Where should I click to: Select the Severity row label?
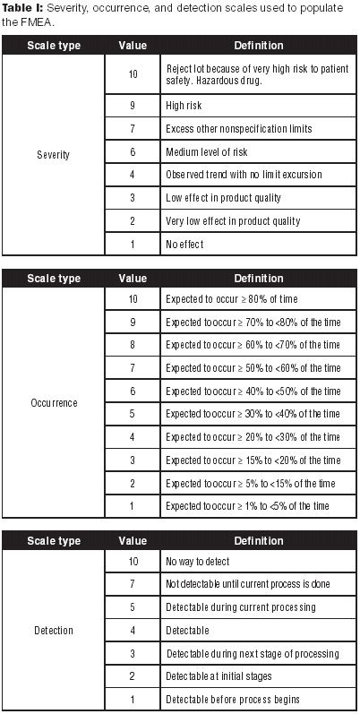pyautogui.click(x=53, y=154)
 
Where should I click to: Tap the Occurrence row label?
pyautogui.click(x=53, y=402)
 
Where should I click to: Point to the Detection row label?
pyautogui.click(x=53, y=630)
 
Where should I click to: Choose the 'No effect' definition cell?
pyautogui.click(x=184, y=244)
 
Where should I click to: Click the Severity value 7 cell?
pyautogui.click(x=133, y=127)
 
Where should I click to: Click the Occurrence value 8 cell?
pyautogui.click(x=133, y=344)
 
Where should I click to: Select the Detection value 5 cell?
pyautogui.click(x=133, y=606)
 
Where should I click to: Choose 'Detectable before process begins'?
pyautogui.click(x=230, y=700)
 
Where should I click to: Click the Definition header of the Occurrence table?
pyautogui.click(x=258, y=278)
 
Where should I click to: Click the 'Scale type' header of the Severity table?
pyautogui.click(x=53, y=45)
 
